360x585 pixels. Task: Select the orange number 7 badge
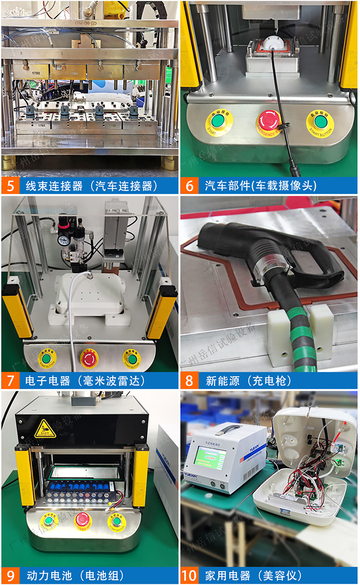pos(11,381)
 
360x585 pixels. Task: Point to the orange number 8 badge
pos(190,381)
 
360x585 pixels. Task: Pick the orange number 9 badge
pos(11,575)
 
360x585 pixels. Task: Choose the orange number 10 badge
pos(190,575)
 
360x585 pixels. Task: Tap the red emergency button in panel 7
pos(89,358)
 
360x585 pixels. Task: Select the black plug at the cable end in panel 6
pos(293,169)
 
